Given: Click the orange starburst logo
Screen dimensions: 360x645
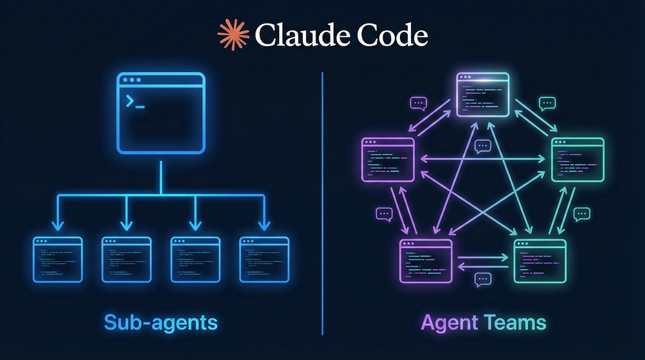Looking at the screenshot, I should (x=233, y=35).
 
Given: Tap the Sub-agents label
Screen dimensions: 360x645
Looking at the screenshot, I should (x=160, y=323).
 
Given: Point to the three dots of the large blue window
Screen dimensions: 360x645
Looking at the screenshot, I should (x=131, y=80).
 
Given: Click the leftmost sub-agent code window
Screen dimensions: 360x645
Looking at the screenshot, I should (x=58, y=260).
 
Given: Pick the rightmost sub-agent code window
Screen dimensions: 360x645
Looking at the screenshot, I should (x=264, y=260).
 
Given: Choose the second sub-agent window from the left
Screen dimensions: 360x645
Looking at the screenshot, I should (x=127, y=260).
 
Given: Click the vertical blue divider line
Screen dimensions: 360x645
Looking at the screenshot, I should (x=322, y=202).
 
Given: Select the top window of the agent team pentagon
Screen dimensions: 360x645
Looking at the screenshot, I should (x=483, y=95).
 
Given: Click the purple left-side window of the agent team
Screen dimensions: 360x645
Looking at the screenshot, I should (x=388, y=160).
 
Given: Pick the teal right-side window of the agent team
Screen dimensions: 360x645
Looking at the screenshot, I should (x=578, y=160).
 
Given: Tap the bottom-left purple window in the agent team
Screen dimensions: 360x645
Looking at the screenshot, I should (x=426, y=261).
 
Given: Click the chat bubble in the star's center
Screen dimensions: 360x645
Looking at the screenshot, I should (x=483, y=146).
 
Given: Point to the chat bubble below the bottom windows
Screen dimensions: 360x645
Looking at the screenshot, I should (x=483, y=279).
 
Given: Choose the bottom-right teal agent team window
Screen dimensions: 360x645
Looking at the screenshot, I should (x=540, y=261).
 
